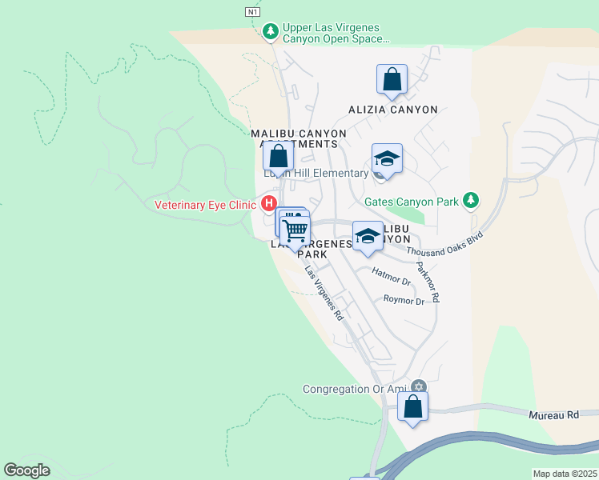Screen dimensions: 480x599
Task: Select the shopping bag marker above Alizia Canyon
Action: tap(392, 79)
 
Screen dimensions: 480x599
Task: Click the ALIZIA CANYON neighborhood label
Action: tap(392, 110)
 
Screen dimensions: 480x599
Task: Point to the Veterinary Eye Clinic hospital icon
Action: tap(269, 204)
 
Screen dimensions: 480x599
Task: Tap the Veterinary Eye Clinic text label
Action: tap(206, 205)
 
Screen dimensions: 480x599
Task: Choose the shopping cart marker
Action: tap(295, 230)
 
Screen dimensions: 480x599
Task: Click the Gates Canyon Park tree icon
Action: tap(472, 200)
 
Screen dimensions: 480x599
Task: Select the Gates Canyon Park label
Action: tap(412, 202)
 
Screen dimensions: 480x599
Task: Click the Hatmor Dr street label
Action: tap(391, 277)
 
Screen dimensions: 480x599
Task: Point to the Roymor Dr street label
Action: tap(404, 301)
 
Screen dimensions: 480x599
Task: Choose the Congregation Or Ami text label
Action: tap(355, 390)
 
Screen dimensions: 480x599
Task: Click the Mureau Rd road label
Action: tap(554, 415)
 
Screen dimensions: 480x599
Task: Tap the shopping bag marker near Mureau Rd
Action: tap(412, 407)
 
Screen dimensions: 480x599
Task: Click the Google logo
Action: tap(27, 470)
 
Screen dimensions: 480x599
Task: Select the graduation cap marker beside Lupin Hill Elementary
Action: tap(386, 159)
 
